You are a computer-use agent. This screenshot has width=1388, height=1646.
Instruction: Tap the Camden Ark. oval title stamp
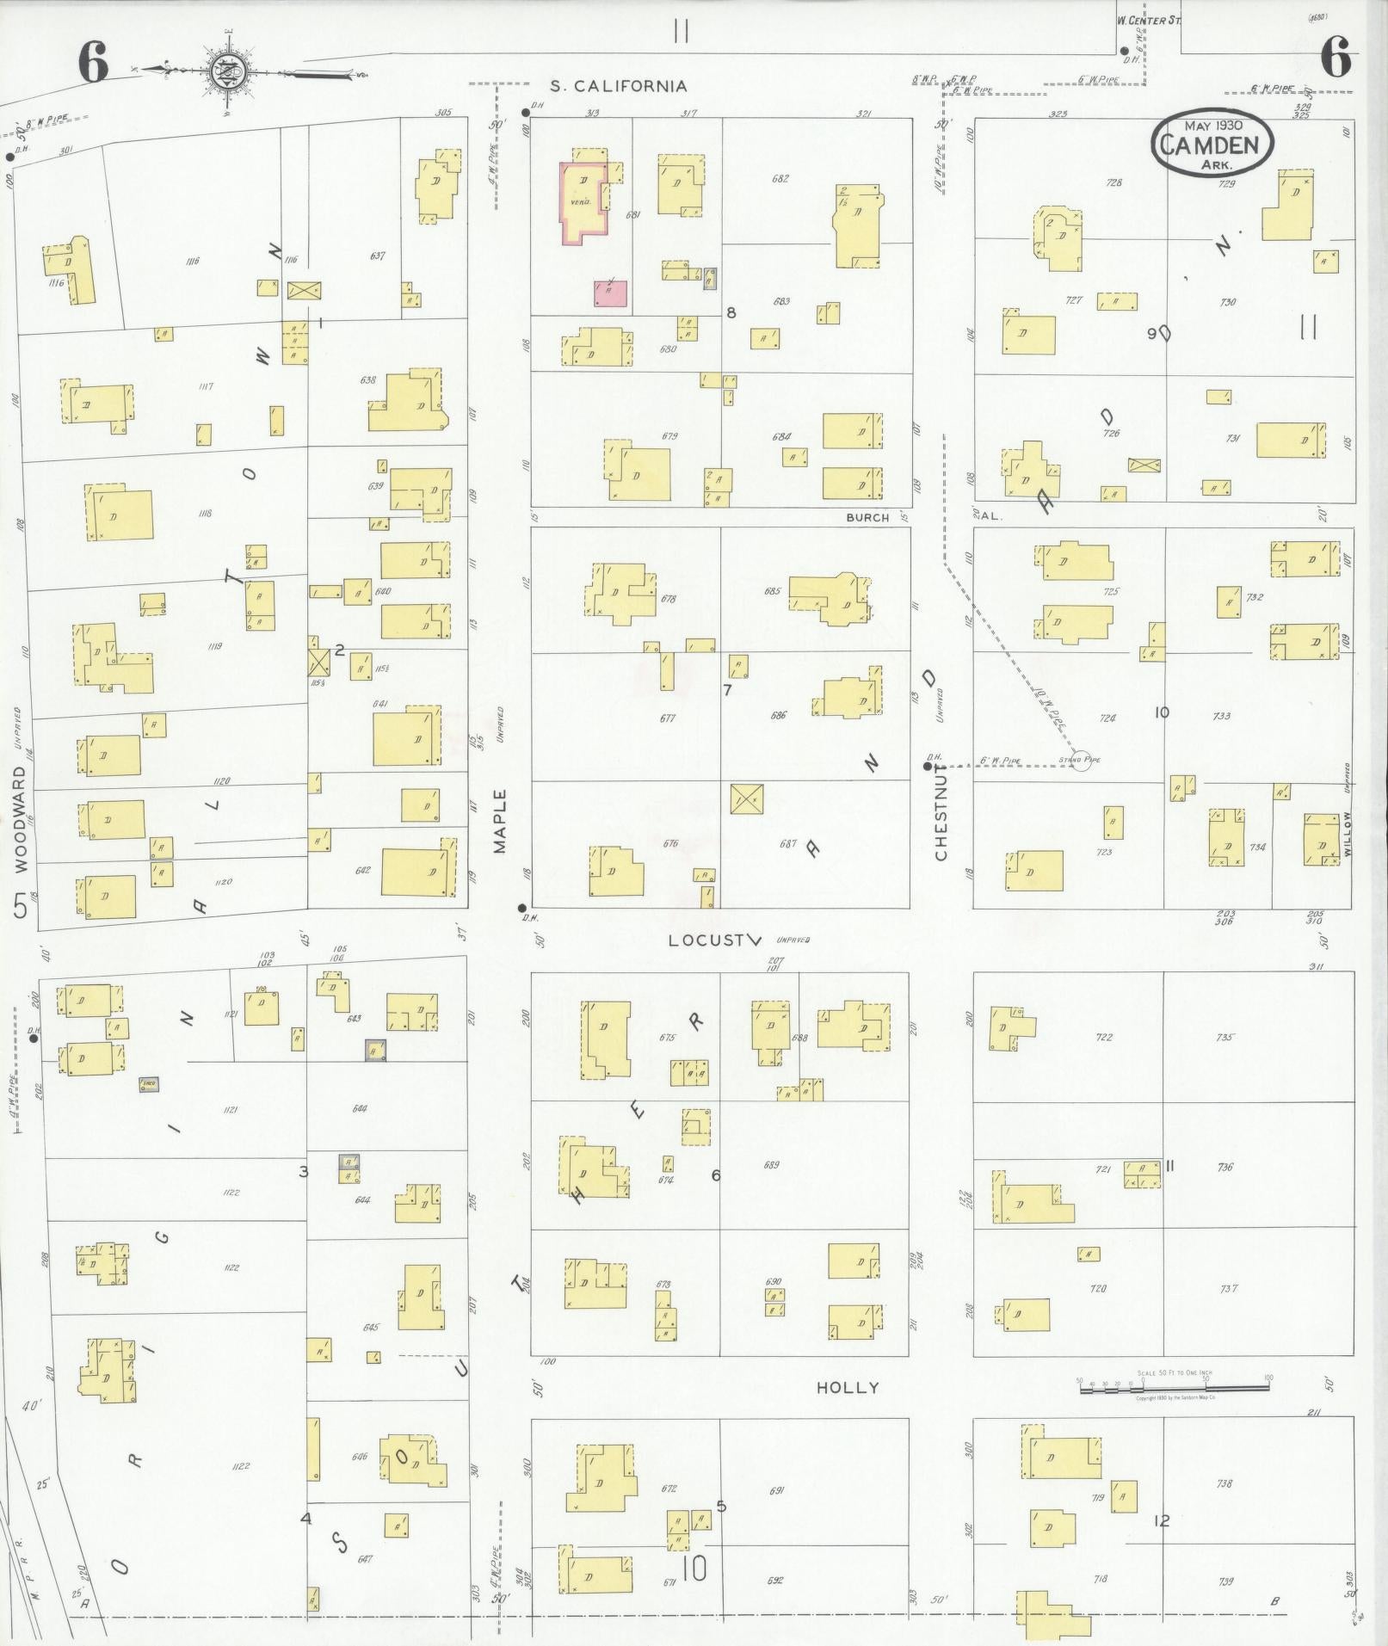tap(1212, 144)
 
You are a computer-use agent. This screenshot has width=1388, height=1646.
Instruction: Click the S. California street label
tap(619, 86)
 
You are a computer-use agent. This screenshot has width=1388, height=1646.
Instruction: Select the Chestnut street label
tap(941, 814)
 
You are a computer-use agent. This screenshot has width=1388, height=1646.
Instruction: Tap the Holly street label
tap(848, 1387)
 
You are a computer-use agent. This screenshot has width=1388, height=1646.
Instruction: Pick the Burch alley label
tap(867, 518)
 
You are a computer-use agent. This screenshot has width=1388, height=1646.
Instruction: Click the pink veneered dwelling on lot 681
tap(583, 200)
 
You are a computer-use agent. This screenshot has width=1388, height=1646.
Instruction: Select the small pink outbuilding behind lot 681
tap(609, 293)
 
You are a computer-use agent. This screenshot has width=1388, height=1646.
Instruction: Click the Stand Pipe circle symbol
tap(1082, 761)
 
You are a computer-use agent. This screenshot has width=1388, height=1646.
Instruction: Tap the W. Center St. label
tap(1149, 20)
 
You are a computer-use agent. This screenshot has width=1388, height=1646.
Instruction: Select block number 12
tap(1162, 1521)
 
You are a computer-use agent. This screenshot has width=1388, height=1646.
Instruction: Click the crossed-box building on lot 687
tap(746, 799)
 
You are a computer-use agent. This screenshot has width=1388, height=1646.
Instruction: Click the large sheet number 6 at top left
tap(93, 63)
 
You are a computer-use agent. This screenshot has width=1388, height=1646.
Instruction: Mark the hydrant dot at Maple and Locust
tap(521, 907)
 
